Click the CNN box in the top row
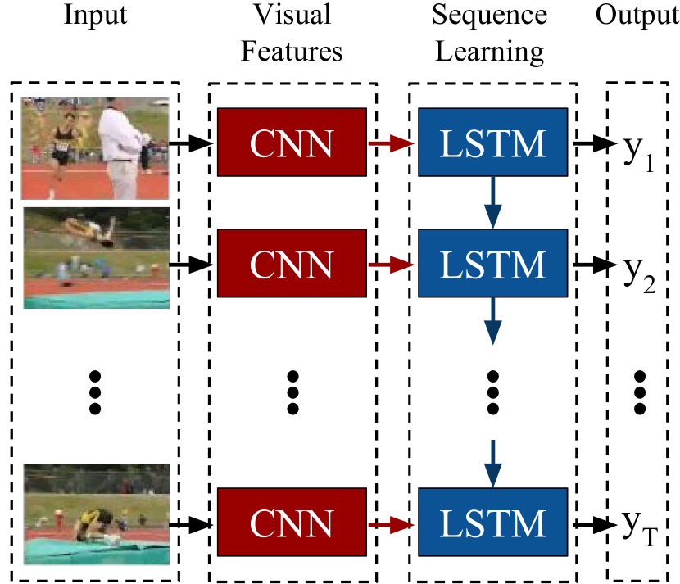pos(292,143)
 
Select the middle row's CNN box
pos(292,263)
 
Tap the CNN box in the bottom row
pos(292,522)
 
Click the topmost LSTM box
pos(492,143)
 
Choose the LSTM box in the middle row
pos(492,263)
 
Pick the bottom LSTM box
pos(492,522)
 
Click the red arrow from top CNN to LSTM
pos(392,143)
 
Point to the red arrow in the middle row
pos(392,265)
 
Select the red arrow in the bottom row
pos(392,523)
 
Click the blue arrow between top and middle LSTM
pos(492,202)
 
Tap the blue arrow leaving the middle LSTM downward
pos(492,321)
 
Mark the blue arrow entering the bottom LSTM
pos(492,464)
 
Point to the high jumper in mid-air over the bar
pos(90,227)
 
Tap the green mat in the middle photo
pos(96,301)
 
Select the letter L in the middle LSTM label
pos(450,265)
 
